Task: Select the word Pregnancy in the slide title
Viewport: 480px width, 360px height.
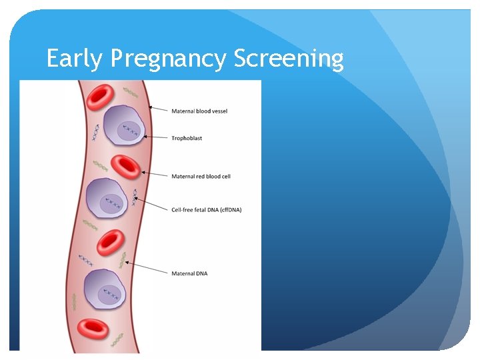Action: tap(169, 59)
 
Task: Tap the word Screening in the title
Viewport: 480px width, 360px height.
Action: tap(289, 59)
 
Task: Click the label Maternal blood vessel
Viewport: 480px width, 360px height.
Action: tap(199, 111)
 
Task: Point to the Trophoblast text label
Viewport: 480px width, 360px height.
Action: tap(187, 139)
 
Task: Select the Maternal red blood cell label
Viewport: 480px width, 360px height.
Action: tap(201, 177)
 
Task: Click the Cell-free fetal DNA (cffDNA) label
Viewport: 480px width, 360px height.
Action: tap(207, 209)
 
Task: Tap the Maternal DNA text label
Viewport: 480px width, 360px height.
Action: tap(189, 273)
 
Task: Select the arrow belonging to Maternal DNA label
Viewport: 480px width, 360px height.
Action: tap(147, 268)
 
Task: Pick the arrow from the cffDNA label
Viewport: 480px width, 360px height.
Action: tap(152, 204)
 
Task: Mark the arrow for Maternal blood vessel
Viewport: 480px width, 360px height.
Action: tap(159, 108)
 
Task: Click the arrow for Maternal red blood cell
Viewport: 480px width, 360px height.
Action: tap(155, 175)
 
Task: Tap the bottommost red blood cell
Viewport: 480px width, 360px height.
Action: tap(93, 328)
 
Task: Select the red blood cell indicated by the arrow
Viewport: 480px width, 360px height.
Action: tap(125, 166)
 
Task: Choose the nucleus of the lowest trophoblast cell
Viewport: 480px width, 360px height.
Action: tap(110, 293)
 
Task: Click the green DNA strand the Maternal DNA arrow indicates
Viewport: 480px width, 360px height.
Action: tap(122, 260)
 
